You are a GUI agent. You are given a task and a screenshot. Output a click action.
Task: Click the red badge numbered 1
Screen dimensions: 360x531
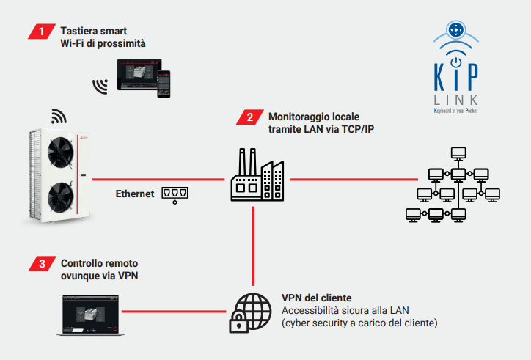43,31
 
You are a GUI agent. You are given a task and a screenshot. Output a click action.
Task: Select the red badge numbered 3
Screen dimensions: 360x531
43,262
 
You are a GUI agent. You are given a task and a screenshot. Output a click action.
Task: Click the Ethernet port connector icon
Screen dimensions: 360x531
175,194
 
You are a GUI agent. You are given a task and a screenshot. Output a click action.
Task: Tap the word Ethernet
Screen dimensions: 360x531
135,194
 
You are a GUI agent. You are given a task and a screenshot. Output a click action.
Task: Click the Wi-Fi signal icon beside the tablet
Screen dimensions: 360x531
99,86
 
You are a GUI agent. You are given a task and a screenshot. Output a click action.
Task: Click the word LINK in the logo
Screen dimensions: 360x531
455,98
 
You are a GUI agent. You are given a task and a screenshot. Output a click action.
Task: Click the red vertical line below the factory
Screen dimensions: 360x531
253,242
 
